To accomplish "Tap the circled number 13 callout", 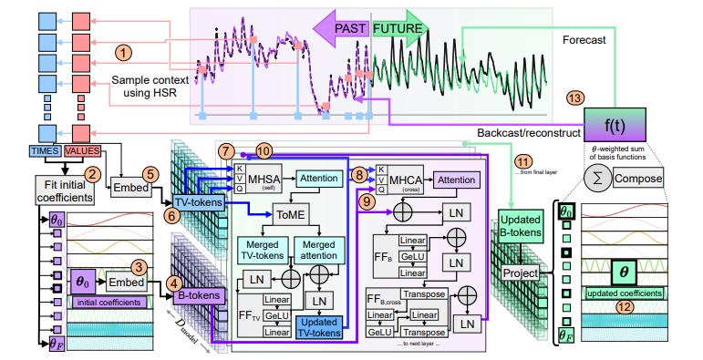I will click(573, 98).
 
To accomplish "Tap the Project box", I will click(521, 273).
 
